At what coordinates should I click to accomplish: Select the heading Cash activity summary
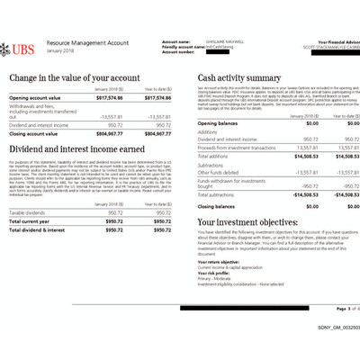tap(238, 78)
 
